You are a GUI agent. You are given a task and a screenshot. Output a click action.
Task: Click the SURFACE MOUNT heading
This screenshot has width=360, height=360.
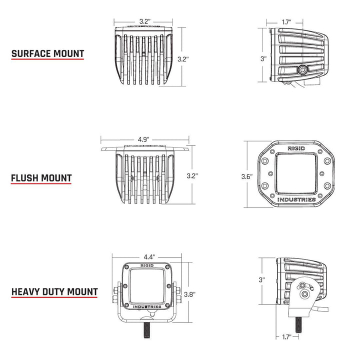pyautogui.click(x=47, y=54)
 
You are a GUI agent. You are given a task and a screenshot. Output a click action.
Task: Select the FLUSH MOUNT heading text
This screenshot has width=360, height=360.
pyautogui.click(x=41, y=177)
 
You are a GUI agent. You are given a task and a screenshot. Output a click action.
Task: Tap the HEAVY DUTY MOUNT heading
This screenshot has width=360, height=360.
pyautogui.click(x=54, y=291)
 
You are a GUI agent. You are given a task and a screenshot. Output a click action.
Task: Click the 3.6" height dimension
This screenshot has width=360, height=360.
pyautogui.click(x=246, y=176)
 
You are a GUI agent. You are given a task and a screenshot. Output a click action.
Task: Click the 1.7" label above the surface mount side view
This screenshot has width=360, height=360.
pyautogui.click(x=286, y=22)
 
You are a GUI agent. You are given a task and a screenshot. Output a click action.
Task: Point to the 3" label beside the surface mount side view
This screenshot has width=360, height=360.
pyautogui.click(x=263, y=58)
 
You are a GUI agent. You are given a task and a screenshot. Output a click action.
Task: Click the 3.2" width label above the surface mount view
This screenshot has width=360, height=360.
pyautogui.click(x=144, y=21)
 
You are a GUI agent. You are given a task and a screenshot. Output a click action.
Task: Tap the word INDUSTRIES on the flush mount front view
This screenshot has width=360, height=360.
pyautogui.click(x=296, y=199)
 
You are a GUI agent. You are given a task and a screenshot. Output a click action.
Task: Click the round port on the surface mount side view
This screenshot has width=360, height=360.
pyautogui.click(x=303, y=70)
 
